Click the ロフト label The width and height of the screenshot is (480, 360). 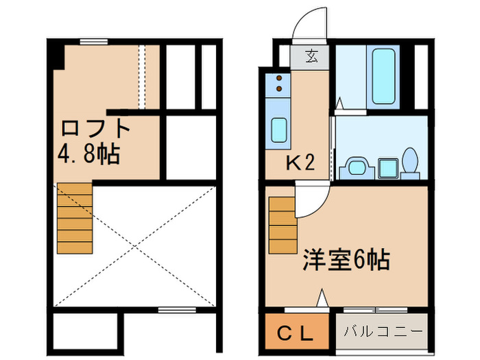[95, 128]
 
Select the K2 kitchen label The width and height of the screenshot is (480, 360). [300, 163]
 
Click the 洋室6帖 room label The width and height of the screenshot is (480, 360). [346, 260]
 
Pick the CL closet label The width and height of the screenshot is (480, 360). [296, 334]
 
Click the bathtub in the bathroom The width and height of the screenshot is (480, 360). [381, 77]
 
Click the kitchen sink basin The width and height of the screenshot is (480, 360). [279, 130]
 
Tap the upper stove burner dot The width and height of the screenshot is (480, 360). [279, 79]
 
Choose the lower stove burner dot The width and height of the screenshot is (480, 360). [279, 88]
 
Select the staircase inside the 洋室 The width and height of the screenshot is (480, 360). [282, 224]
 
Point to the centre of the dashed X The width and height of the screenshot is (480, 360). [136, 244]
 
